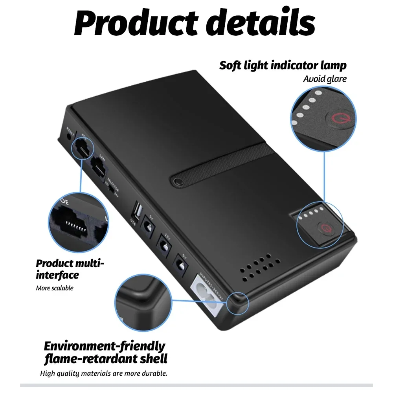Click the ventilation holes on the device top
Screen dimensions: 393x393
pyautogui.click(x=259, y=269)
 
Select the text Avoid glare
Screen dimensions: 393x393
pyautogui.click(x=325, y=79)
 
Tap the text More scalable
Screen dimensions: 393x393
pyautogui.click(x=55, y=288)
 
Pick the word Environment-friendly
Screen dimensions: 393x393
pyautogui.click(x=104, y=347)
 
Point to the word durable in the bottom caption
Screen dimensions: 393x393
pyautogui.click(x=153, y=373)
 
